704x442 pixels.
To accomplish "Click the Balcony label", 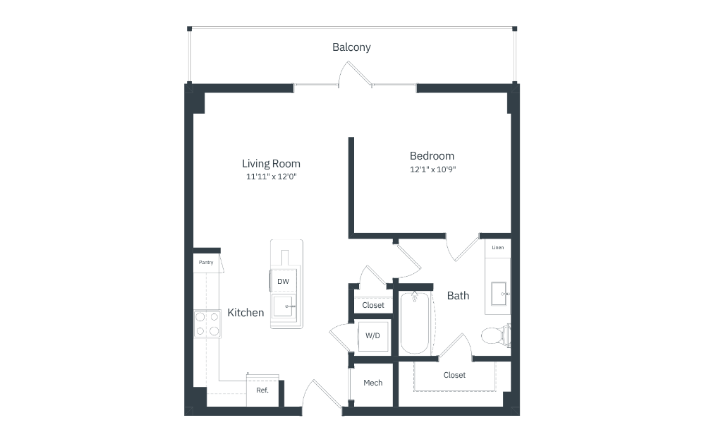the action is tap(351, 47).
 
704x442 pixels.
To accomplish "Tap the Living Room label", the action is tap(271, 164).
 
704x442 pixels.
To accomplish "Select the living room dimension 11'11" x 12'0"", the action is tap(271, 177).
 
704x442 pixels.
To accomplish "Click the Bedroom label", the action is tap(432, 156).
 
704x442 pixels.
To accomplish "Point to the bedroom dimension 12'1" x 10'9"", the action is tap(433, 169).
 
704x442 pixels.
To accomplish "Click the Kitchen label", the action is tap(245, 313).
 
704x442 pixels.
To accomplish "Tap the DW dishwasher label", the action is tap(283, 282).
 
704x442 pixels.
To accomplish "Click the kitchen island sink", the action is tap(284, 306).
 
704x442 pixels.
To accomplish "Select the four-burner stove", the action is tap(207, 324).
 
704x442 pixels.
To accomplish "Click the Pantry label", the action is tap(206, 263).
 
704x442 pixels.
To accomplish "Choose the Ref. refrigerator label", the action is tap(262, 390).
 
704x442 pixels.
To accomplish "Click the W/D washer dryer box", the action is tap(372, 336).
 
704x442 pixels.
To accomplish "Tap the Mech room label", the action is tap(372, 383).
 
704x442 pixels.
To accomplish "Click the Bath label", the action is tap(458, 296).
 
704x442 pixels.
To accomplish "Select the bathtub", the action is tap(414, 323).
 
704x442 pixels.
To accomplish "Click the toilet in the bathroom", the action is tap(495, 335).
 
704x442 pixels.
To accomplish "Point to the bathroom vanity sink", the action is tap(499, 294).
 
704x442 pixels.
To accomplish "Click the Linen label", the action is tap(497, 248).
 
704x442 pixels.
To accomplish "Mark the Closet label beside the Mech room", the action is tap(454, 375).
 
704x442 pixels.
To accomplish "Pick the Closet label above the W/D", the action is tap(373, 306).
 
